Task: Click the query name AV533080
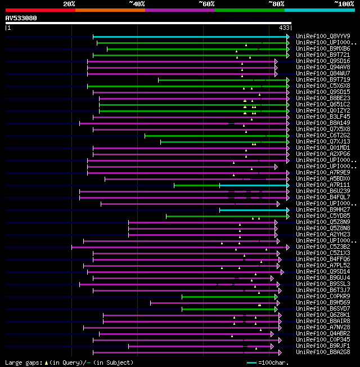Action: pyautogui.click(x=21, y=18)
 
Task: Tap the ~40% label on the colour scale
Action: pyautogui.click(x=137, y=3)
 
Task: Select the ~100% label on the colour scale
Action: pyautogui.click(x=344, y=3)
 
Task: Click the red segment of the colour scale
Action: pyautogui.click(x=40, y=10)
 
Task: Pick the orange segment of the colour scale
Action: pyautogui.click(x=110, y=10)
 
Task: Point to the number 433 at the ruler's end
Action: pyautogui.click(x=284, y=28)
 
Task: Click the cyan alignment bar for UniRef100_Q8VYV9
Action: pyautogui.click(x=191, y=37)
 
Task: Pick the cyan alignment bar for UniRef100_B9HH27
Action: pyautogui.click(x=253, y=209)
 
